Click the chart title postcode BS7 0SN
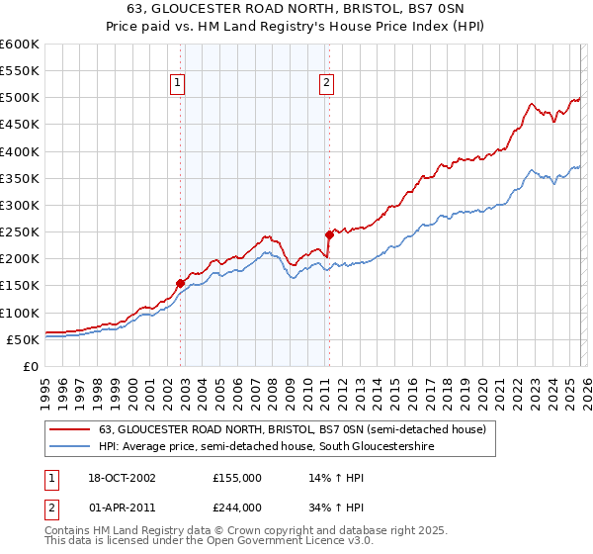(432, 9)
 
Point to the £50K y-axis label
(24, 339)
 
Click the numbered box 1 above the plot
(177, 84)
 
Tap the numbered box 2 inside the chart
(325, 84)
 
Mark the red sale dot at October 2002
(180, 283)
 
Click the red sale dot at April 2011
(329, 235)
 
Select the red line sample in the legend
(71, 430)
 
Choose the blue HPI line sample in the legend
(71, 447)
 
